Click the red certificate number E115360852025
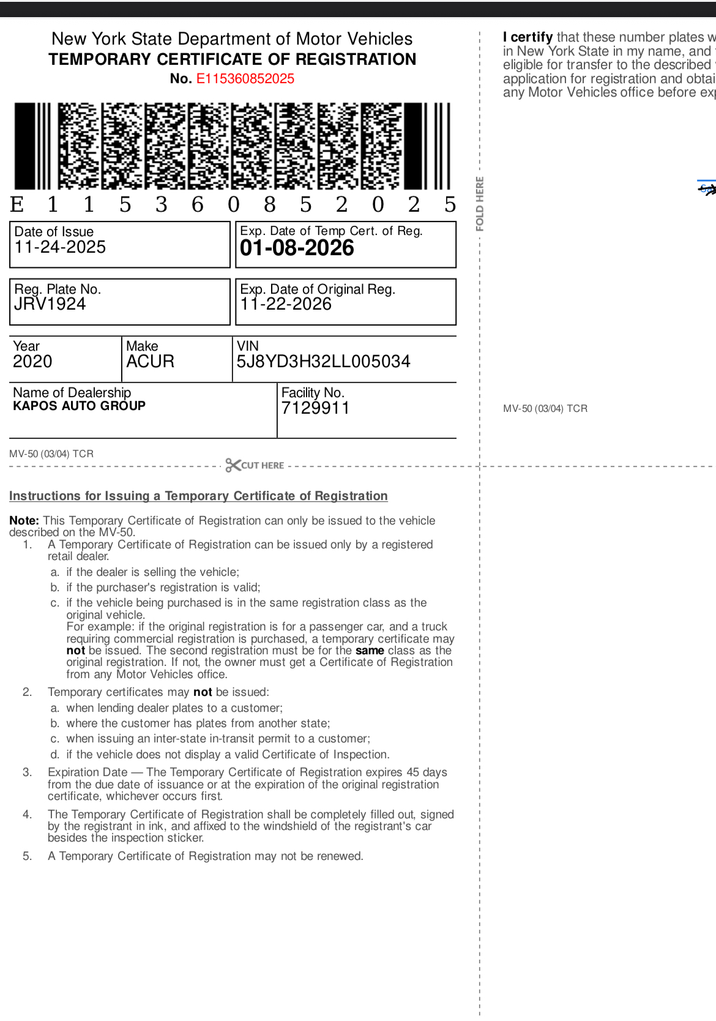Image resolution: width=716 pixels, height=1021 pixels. click(245, 79)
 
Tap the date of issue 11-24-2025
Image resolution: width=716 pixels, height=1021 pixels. click(60, 247)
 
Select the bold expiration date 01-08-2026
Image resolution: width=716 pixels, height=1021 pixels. click(297, 248)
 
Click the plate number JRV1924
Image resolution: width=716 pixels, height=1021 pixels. click(50, 304)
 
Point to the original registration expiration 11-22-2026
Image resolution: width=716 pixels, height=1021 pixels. click(286, 304)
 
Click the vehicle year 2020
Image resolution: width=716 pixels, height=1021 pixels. click(32, 362)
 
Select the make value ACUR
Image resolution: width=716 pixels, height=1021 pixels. click(150, 362)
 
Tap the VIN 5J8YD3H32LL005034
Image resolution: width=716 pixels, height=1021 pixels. click(323, 362)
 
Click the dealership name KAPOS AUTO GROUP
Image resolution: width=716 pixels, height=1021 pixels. click(79, 406)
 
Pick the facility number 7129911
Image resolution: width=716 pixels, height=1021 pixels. click(315, 408)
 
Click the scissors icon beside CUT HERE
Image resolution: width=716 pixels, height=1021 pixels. click(233, 465)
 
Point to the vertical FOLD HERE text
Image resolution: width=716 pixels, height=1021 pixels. click(480, 204)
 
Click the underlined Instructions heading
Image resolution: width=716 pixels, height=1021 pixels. click(198, 496)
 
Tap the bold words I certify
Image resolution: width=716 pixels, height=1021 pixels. click(528, 37)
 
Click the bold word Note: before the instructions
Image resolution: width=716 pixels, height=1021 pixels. click(24, 521)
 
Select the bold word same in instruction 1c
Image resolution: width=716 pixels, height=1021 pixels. click(370, 651)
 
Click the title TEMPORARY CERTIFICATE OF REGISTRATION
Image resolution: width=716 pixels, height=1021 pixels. click(233, 59)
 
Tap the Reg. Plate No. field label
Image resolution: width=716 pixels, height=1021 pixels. click(58, 289)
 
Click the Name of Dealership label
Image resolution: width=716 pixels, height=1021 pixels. click(72, 392)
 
